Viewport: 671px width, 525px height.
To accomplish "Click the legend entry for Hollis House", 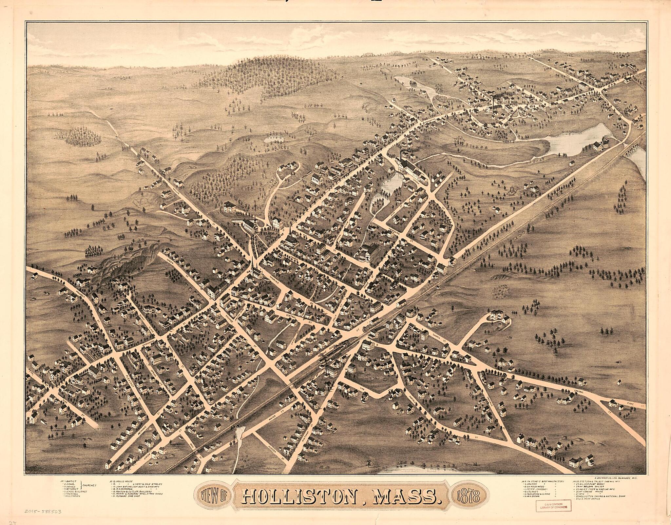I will [123, 481].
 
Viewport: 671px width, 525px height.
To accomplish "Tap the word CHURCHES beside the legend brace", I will [89, 485].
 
